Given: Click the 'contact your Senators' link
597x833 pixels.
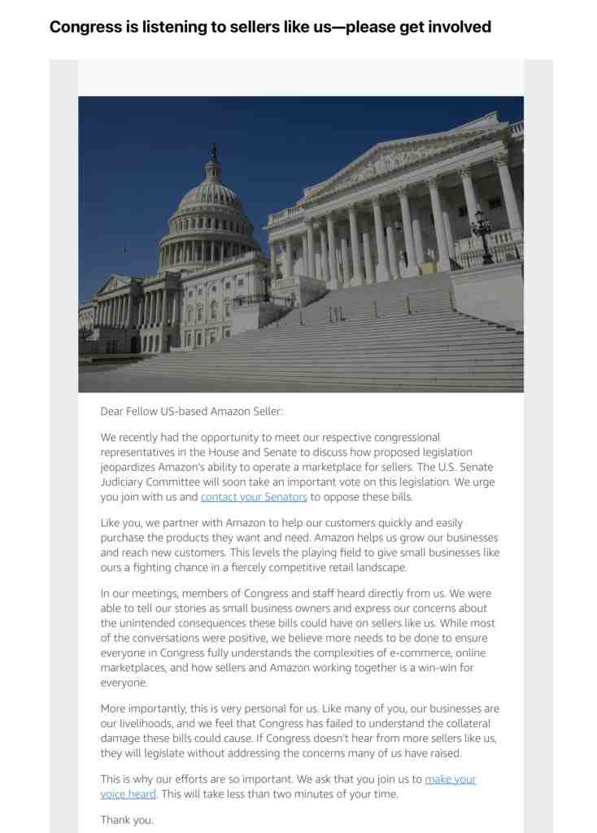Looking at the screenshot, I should [254, 496].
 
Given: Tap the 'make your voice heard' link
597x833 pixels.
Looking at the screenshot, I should [450, 778].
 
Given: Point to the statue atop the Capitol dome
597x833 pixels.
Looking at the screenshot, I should [214, 151].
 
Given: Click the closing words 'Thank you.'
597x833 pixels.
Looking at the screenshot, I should [127, 820].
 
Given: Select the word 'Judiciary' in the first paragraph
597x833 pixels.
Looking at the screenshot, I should [124, 482].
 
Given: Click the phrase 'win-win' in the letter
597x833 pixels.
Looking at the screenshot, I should [438, 668].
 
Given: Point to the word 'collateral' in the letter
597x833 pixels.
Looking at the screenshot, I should [465, 723].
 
